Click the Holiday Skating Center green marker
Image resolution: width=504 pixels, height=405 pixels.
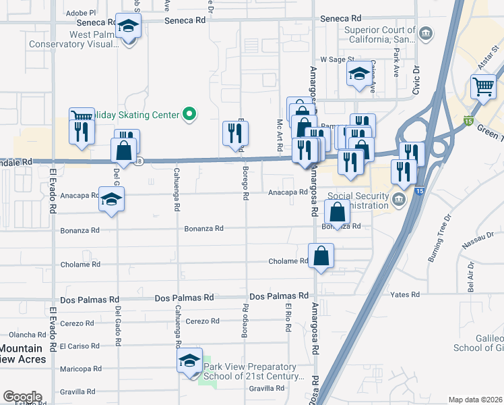pos(190,115)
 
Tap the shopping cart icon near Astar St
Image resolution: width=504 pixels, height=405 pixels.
pos(483,86)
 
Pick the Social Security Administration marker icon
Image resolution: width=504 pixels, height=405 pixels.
pos(399,199)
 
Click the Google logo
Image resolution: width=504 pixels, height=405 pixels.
pos(22,397)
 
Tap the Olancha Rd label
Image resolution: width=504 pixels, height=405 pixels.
pos(26,334)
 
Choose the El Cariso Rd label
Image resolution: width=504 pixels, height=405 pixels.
pos(80,346)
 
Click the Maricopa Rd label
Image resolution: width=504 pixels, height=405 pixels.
pos(79,369)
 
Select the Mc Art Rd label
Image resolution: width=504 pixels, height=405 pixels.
pos(280,135)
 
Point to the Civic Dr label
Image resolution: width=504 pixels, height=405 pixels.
pos(416,80)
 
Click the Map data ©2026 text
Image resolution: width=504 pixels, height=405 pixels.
pos(475,400)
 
